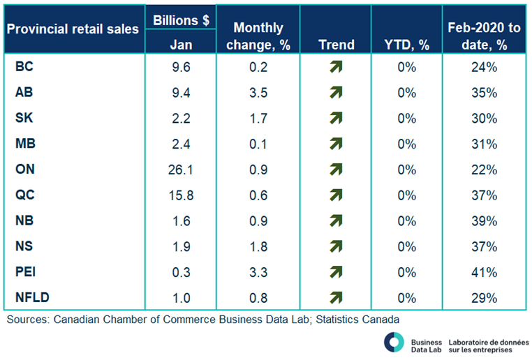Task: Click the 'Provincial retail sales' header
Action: pos(73,29)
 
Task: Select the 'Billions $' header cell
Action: pos(181,20)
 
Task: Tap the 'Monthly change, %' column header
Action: pos(258,36)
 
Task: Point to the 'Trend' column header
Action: pos(336,45)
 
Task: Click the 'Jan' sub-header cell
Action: pos(181,45)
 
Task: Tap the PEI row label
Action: pos(25,273)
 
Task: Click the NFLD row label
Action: pos(29,298)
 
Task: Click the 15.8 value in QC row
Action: pos(181,196)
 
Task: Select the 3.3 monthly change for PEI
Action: pos(258,273)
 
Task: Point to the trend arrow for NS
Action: pos(336,247)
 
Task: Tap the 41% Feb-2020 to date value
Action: pos(483,273)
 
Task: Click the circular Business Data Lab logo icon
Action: pos(394,343)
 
